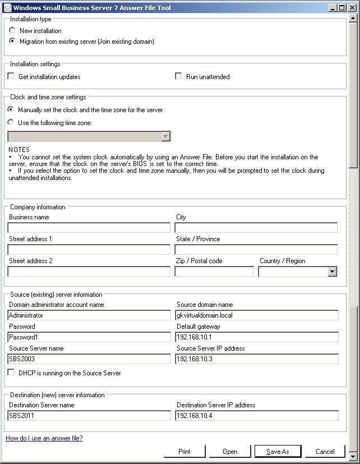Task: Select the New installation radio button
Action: [x=12, y=31]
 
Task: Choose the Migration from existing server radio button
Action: [x=12, y=42]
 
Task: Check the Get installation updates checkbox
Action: [x=11, y=76]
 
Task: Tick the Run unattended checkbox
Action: [x=179, y=76]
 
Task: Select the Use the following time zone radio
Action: [x=11, y=123]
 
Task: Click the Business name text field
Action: [x=89, y=228]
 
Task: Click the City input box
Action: [x=256, y=228]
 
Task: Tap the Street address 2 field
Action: [x=89, y=272]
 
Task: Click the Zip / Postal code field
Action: [x=214, y=272]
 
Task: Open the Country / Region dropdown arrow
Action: [x=332, y=272]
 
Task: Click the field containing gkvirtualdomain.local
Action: [x=257, y=315]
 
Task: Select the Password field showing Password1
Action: [x=89, y=337]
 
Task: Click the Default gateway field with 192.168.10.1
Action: [x=257, y=337]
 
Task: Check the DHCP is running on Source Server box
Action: [x=11, y=373]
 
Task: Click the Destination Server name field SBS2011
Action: [x=89, y=416]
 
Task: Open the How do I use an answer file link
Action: [x=44, y=438]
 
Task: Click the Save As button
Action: [x=277, y=451]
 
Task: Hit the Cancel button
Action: [x=325, y=451]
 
